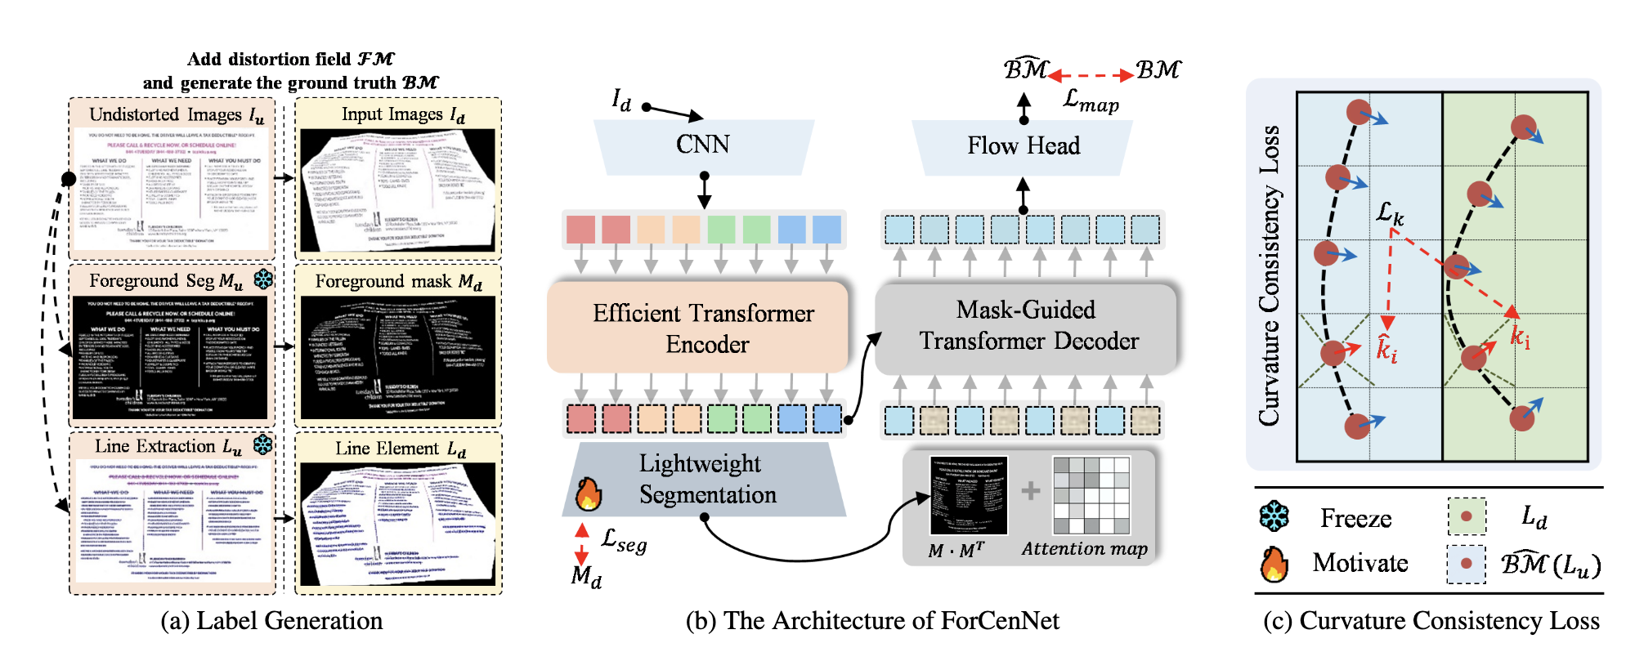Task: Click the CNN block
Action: (x=703, y=145)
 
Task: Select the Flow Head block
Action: (x=1023, y=146)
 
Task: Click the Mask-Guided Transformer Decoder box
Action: (x=1027, y=326)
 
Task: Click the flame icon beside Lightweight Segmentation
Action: (x=588, y=493)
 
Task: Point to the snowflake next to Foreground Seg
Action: (x=263, y=279)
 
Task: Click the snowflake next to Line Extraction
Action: (x=262, y=444)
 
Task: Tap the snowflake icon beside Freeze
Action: (x=1274, y=516)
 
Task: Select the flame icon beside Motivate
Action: (x=1274, y=564)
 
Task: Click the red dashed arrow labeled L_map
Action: (x=1091, y=75)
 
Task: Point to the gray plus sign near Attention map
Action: (x=1030, y=490)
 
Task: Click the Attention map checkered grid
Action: (x=1091, y=495)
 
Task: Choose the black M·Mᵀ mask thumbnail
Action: (x=969, y=495)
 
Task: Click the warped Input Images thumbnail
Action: (x=398, y=190)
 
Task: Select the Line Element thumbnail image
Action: (x=398, y=524)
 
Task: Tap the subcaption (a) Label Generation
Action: (x=271, y=621)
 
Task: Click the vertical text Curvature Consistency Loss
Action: (x=1269, y=276)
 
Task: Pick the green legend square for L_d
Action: (x=1466, y=516)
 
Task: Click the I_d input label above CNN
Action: (x=621, y=100)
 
